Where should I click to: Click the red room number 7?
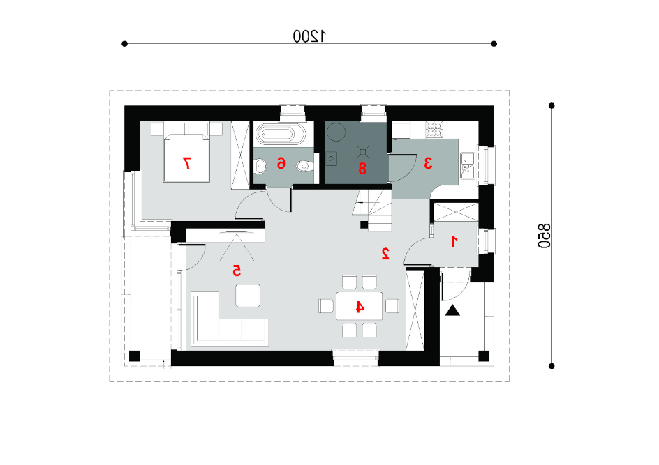(x=186, y=162)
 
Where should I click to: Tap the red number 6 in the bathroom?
(x=281, y=163)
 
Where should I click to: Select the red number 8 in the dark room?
(x=362, y=168)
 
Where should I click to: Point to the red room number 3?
(x=428, y=163)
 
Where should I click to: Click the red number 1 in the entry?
(x=454, y=242)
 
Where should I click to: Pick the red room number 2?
(x=385, y=253)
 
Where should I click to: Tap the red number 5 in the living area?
(x=237, y=270)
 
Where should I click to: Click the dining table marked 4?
(x=359, y=306)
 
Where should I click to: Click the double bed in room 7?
(x=186, y=158)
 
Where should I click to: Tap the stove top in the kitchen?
(x=434, y=129)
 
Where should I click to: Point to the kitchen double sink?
(x=468, y=165)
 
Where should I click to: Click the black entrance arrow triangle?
(x=452, y=310)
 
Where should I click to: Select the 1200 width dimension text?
(x=309, y=36)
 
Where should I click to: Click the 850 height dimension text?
(x=544, y=236)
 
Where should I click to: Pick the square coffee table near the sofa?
(x=248, y=296)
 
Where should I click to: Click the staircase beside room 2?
(x=372, y=210)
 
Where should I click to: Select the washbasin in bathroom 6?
(x=260, y=167)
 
